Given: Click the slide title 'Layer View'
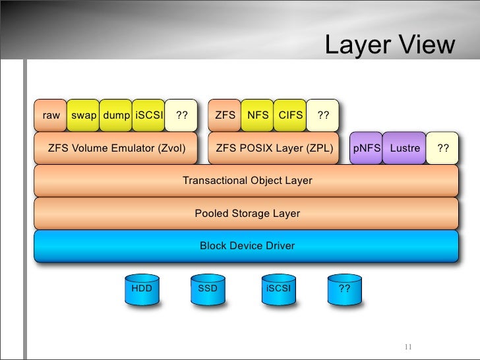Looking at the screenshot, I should coord(390,45).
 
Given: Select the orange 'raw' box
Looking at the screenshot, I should coord(51,115).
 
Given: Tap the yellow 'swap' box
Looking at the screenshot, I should coord(84,115).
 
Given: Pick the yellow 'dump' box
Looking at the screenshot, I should coord(117,115).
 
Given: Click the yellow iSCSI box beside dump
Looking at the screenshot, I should coord(148,115).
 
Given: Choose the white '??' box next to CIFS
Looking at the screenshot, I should coord(323,115).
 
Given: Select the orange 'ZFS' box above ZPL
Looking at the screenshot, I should coord(225,115).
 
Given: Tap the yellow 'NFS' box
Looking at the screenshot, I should coord(258,115).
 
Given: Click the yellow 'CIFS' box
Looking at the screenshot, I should coord(291,115).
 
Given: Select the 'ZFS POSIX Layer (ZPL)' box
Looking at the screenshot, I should coord(274,148).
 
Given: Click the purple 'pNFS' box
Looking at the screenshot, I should coord(366,148).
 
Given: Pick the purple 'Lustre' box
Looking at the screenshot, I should coord(405,148).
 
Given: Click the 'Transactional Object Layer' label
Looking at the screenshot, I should coord(247,180).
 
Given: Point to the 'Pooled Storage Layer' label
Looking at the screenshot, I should coord(247,213).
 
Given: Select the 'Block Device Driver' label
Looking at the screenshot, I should coord(247,246).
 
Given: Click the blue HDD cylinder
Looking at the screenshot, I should coord(142,290).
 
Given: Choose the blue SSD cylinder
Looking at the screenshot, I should coord(208,290).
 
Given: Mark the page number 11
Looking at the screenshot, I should coord(407,347).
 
